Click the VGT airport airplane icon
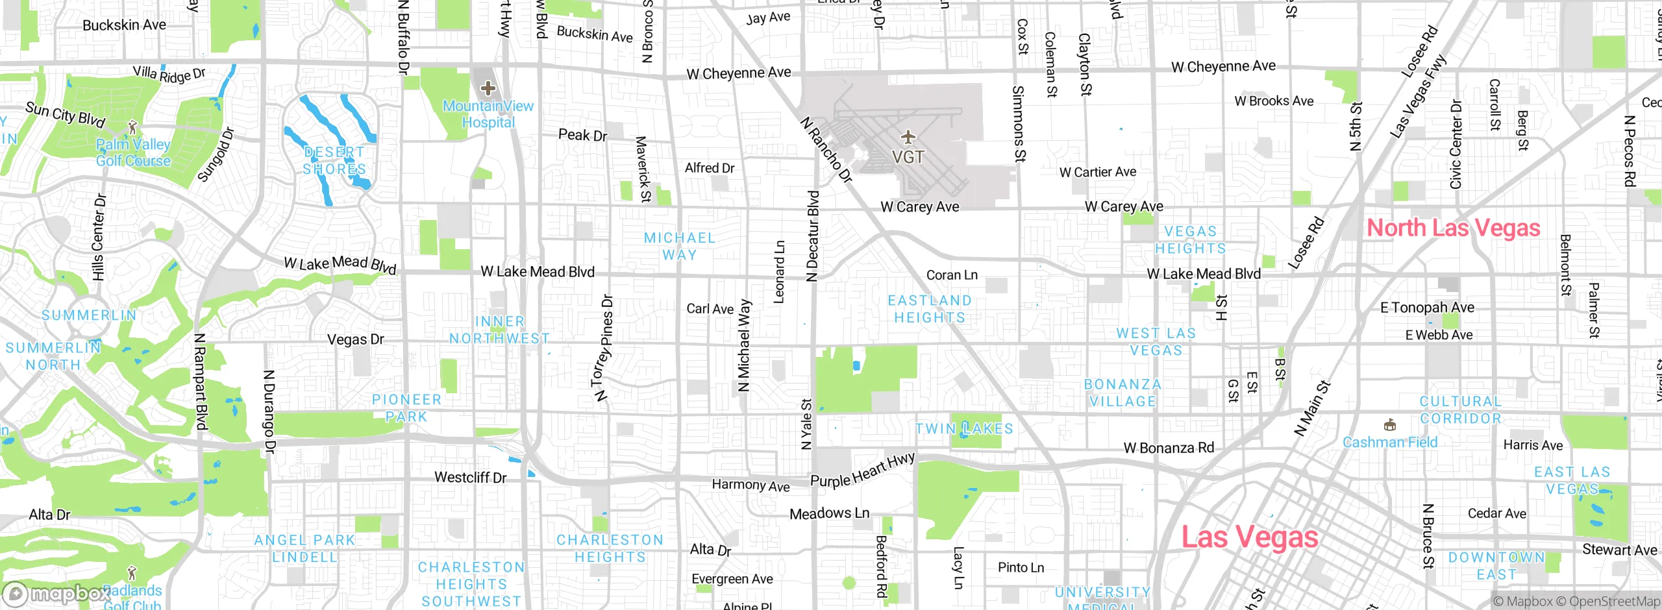pyautogui.click(x=908, y=137)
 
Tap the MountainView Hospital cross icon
pyautogui.click(x=488, y=88)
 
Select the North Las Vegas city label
pyautogui.click(x=1453, y=228)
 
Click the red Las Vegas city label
pyautogui.click(x=1249, y=537)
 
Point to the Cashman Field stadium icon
pyautogui.click(x=1390, y=426)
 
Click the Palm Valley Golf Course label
pyautogui.click(x=133, y=152)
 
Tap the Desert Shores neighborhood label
pyautogui.click(x=334, y=160)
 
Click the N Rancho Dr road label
pyautogui.click(x=826, y=150)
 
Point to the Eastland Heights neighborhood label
pyautogui.click(x=930, y=309)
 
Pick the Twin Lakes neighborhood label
pyautogui.click(x=964, y=429)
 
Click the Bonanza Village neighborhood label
pyautogui.click(x=1122, y=393)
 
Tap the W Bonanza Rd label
pyautogui.click(x=1169, y=448)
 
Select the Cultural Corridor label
pyautogui.click(x=1461, y=410)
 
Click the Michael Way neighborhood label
pyautogui.click(x=679, y=247)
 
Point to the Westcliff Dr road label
pyautogui.click(x=470, y=478)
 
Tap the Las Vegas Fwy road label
pyautogui.click(x=1418, y=96)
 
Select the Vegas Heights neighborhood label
pyautogui.click(x=1190, y=240)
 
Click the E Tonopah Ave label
pyautogui.click(x=1427, y=308)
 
